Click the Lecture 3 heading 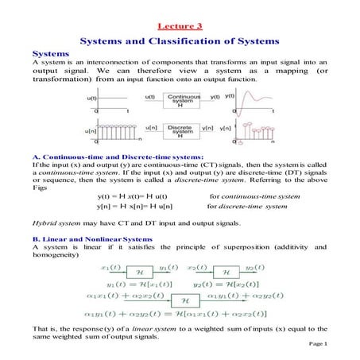point(180,25)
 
